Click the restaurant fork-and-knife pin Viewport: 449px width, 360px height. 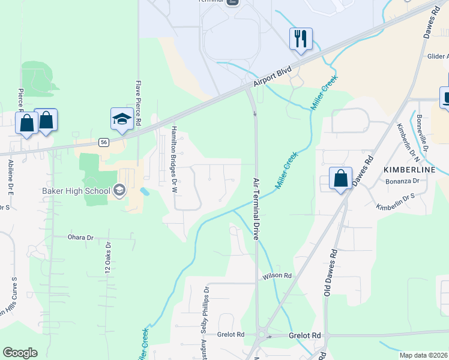pos(301,39)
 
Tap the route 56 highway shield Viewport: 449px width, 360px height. pos(104,142)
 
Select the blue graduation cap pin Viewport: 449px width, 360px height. pos(122,119)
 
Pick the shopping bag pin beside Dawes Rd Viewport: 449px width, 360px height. pos(340,178)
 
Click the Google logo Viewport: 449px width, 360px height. pos(20,353)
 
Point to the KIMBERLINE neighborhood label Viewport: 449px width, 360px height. pos(409,170)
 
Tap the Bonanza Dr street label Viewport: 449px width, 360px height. pos(402,181)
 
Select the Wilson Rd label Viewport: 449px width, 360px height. pos(277,276)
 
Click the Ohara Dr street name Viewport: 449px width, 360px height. pos(81,238)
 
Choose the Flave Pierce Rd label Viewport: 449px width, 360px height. pos(138,103)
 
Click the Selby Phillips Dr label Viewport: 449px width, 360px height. pos(205,309)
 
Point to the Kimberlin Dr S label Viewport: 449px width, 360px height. pos(396,202)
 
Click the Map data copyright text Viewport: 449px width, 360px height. pos(423,355)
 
